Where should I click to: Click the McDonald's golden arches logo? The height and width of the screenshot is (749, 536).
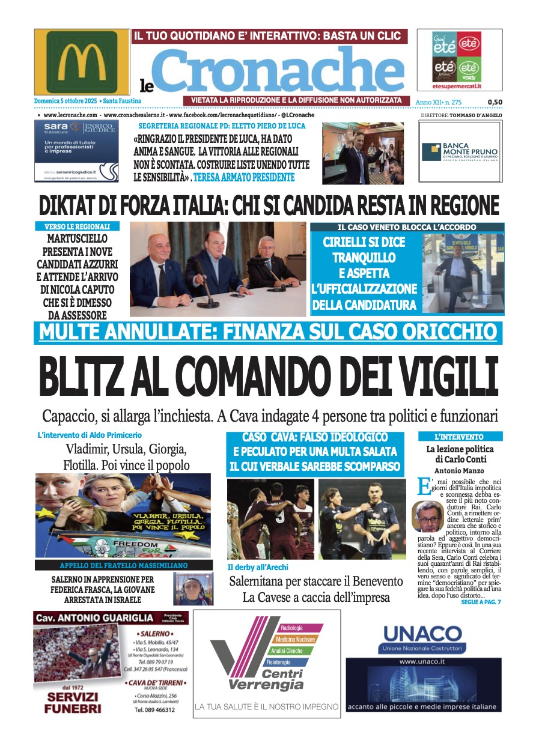click(82, 61)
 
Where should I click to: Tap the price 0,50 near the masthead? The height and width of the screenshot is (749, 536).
click(495, 103)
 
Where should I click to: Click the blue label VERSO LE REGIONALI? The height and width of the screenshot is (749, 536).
click(77, 226)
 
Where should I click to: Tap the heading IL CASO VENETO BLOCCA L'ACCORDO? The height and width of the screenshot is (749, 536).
click(407, 227)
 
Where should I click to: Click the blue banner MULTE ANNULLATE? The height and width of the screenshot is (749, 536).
click(268, 332)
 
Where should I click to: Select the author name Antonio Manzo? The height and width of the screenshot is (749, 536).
click(460, 471)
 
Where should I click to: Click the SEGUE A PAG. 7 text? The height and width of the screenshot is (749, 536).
click(481, 602)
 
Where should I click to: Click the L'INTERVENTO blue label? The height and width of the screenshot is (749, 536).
click(460, 437)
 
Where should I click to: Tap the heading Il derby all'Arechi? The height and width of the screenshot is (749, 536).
click(258, 567)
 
